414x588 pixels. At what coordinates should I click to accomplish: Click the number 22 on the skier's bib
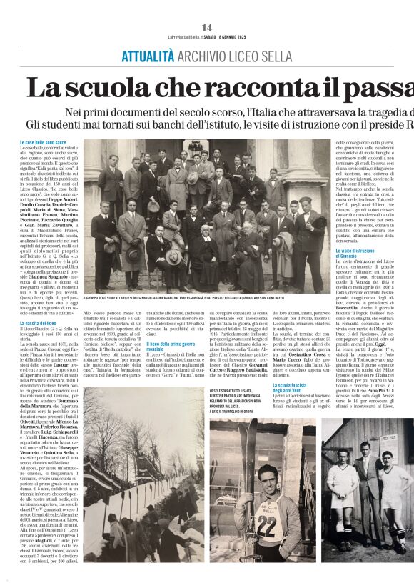[x=266, y=536]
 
